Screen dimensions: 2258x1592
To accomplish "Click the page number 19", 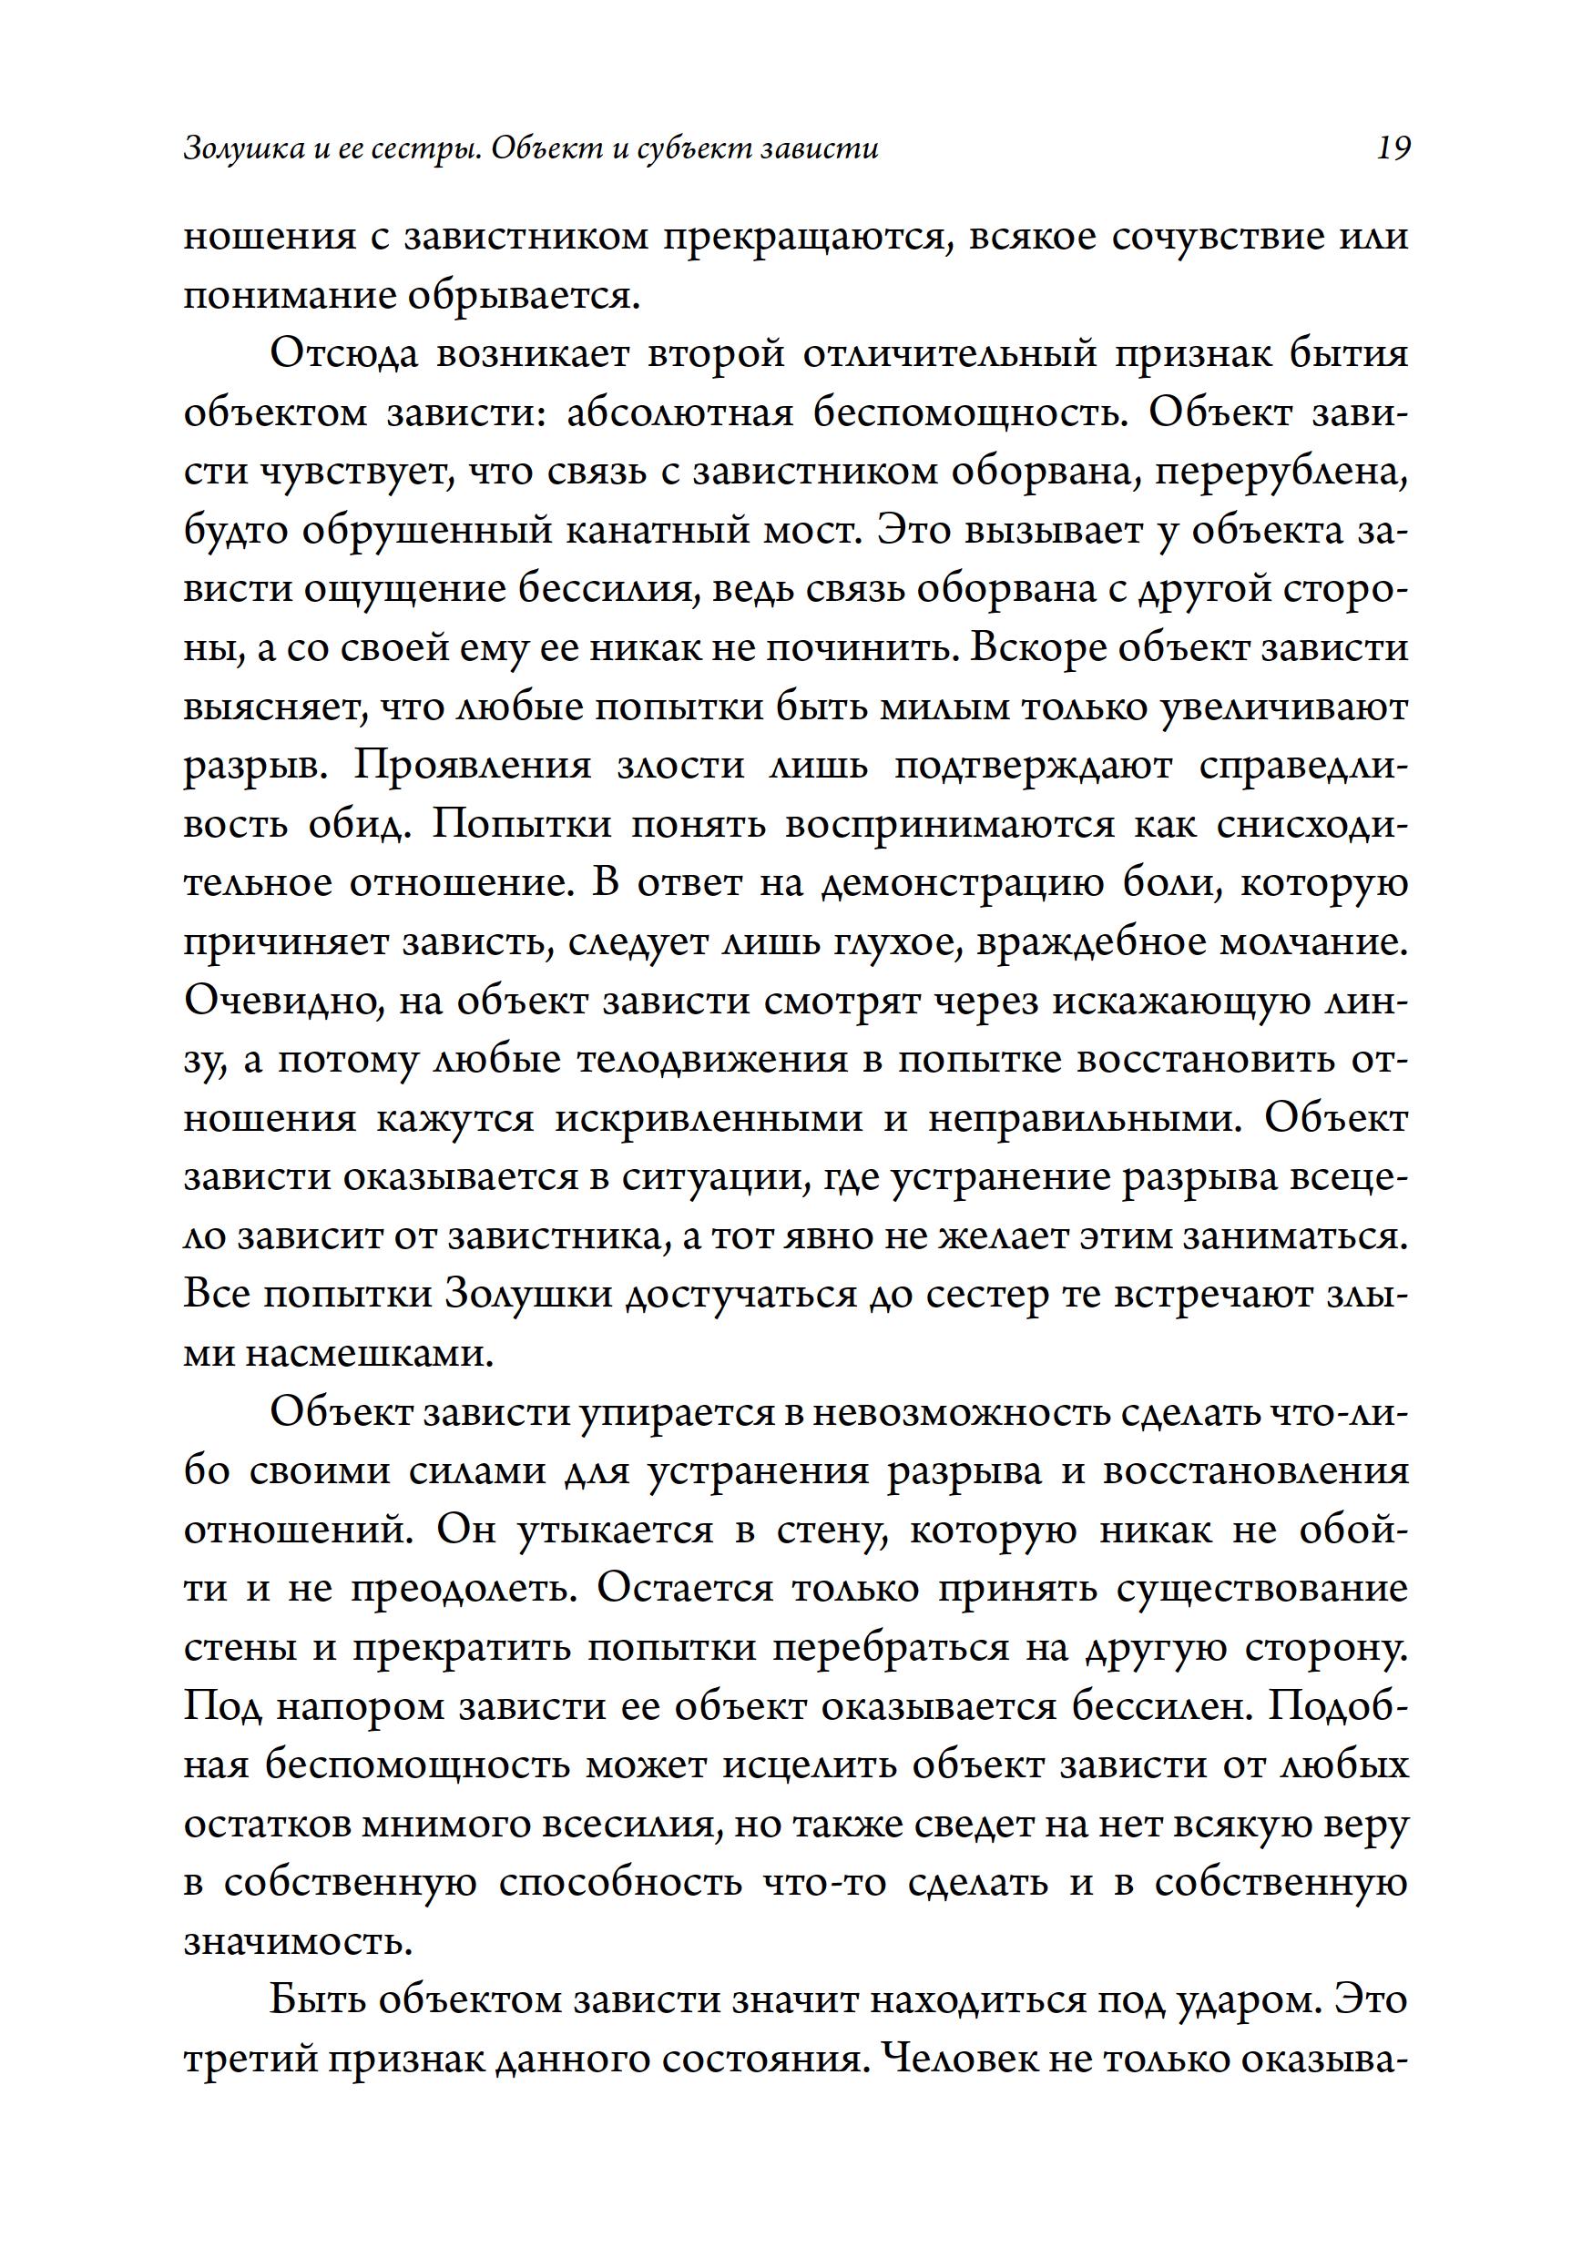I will (1393, 148).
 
